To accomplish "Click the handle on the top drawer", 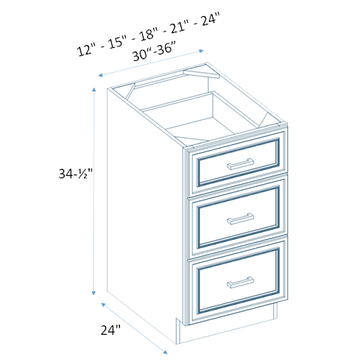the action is coord(240,163).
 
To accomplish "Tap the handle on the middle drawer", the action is coord(240,219).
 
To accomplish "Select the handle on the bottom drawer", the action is coord(240,282).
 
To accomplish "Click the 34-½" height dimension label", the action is coord(76,174).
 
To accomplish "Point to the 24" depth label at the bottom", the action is coord(110,330).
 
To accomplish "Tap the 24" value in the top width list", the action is coord(210,18).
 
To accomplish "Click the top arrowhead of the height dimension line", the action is coord(93,89).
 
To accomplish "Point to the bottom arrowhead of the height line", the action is coord(93,293).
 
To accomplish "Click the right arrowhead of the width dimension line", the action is coord(201,51).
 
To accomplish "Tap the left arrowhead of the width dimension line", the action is coord(100,75).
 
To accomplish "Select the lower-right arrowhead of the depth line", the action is coord(166,352).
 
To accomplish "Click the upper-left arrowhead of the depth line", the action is coord(103,305).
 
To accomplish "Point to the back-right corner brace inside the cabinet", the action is coord(201,74).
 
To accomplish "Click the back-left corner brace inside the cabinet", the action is coord(130,91).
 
